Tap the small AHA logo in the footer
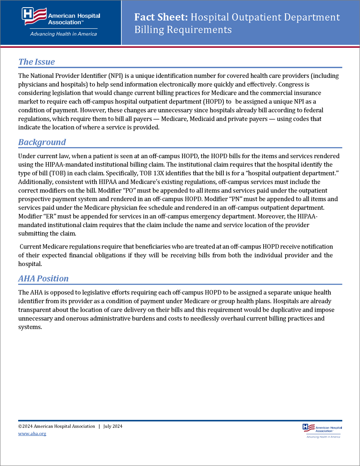point(322,430)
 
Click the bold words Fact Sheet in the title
point(161,17)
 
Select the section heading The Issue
point(37,62)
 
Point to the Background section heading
point(42,142)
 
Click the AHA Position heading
point(44,279)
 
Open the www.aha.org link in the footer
point(32,433)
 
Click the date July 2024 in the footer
point(113,426)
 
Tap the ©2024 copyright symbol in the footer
point(20,426)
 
